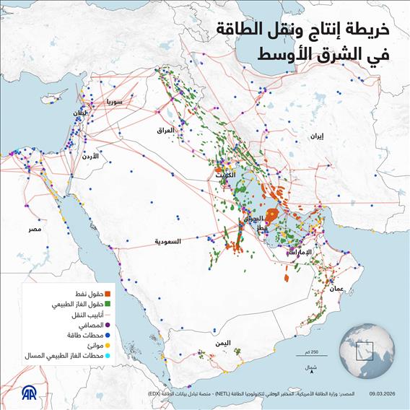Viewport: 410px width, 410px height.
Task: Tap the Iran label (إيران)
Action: pos(315,136)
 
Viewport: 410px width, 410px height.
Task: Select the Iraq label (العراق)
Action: pos(166,130)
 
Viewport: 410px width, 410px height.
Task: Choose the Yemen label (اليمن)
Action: pos(222,341)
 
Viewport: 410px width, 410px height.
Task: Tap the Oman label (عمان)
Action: pos(337,288)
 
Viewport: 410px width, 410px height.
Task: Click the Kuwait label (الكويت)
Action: pos(224,175)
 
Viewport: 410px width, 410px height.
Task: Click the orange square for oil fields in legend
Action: pos(108,294)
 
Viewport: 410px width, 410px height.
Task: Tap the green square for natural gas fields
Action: pos(108,305)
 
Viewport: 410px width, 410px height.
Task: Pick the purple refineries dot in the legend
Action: pos(108,325)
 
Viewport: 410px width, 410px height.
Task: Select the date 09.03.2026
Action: pos(386,395)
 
